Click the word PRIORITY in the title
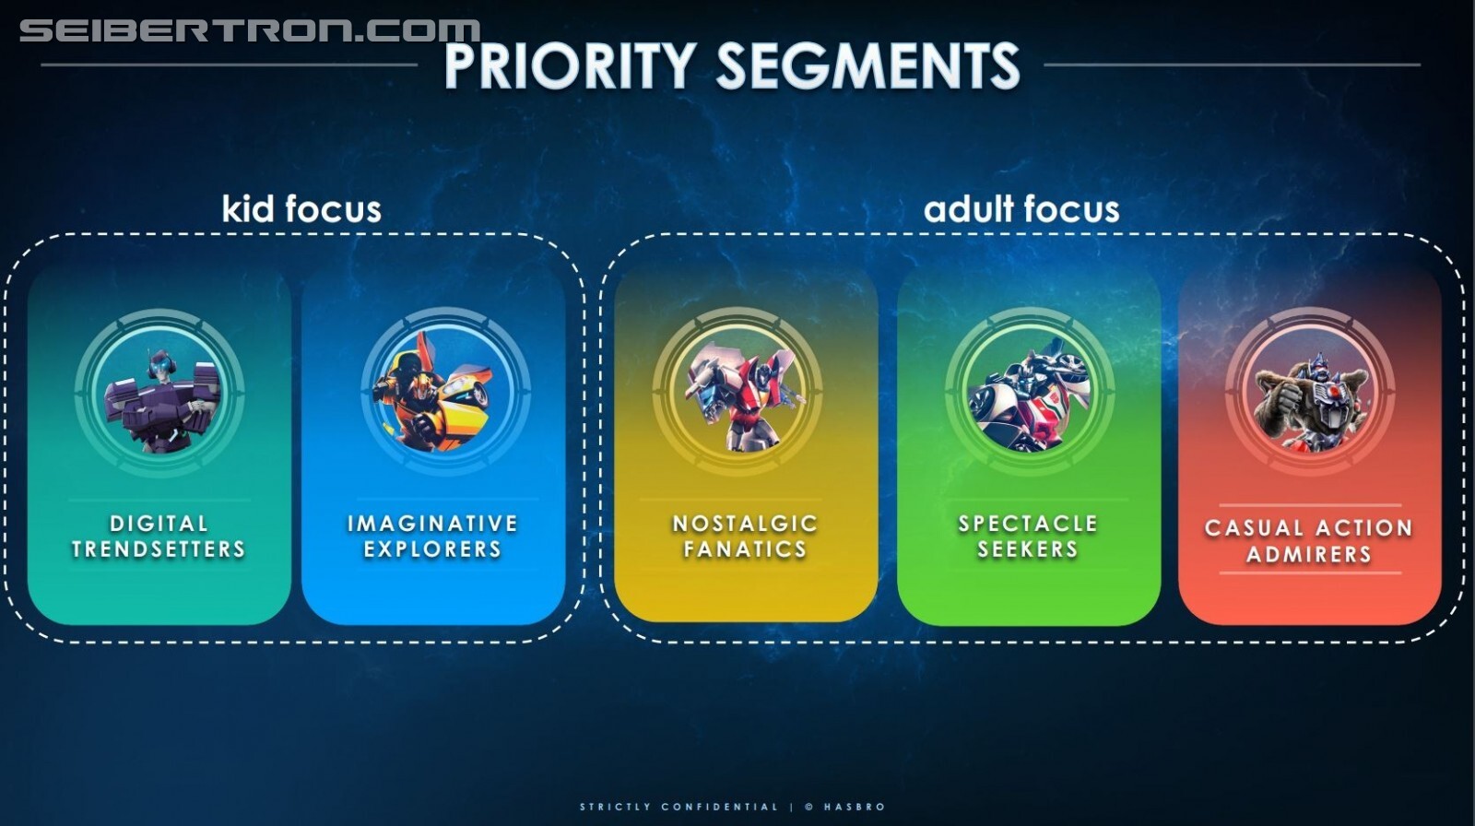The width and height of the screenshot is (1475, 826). (571, 65)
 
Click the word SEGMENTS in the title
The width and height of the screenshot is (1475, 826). (867, 65)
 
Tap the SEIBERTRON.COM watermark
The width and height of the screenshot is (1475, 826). (250, 31)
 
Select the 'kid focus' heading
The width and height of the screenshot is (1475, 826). (301, 209)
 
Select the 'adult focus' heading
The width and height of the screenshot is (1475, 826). (1021, 209)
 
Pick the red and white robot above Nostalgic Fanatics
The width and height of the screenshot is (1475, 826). (741, 395)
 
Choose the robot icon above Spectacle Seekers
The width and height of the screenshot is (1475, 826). (1029, 395)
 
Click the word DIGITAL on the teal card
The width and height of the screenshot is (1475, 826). (159, 524)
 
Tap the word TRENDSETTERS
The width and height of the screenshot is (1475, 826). (159, 549)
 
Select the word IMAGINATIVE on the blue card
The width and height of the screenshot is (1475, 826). (432, 524)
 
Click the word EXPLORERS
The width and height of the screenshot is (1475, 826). (432, 549)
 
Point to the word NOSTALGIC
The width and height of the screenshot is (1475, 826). (745, 524)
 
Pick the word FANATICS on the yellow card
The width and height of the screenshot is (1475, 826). (745, 549)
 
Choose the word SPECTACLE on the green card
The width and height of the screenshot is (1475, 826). (1028, 524)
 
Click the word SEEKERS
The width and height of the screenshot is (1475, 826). (1028, 549)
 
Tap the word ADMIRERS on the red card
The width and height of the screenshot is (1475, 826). (1309, 555)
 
